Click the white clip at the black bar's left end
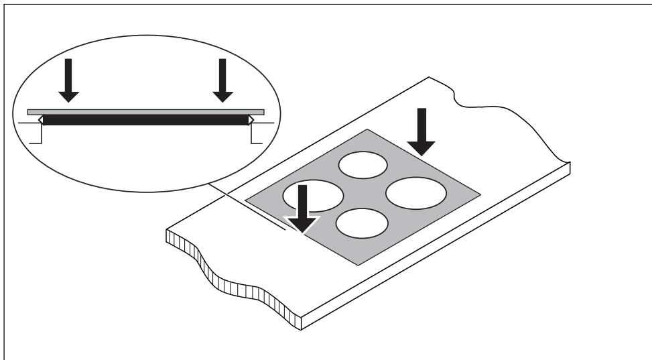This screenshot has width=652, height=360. click(40, 120)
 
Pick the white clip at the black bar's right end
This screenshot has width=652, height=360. click(251, 120)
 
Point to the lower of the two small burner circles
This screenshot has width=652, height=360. click(363, 224)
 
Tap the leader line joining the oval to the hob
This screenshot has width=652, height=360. click(248, 205)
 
